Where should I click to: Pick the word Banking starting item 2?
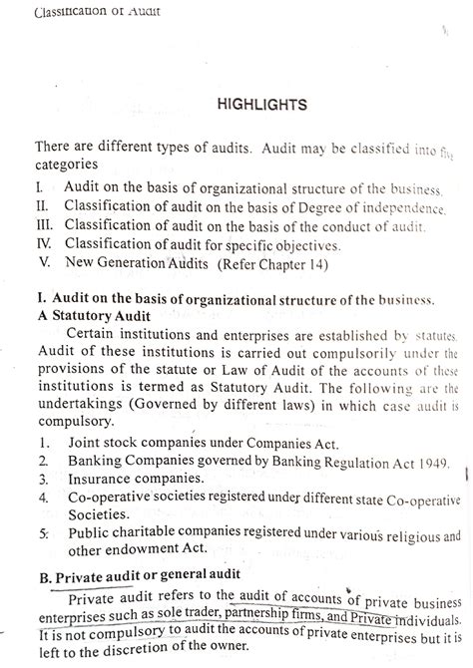(94, 462)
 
